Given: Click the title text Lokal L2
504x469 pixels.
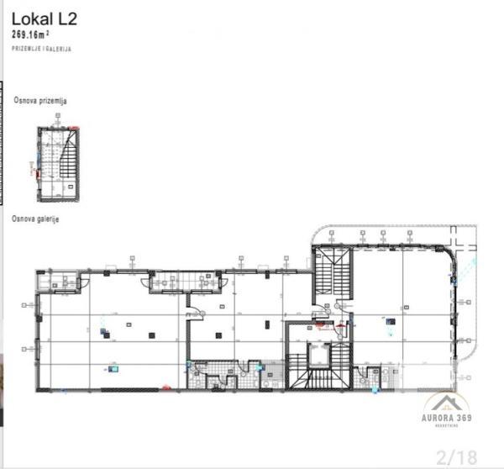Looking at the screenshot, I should click(44, 18).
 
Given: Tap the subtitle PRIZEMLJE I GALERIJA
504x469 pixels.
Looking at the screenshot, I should click(41, 50).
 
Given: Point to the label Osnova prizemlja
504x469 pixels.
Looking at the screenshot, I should click(39, 100).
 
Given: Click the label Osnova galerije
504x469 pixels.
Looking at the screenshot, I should click(34, 219).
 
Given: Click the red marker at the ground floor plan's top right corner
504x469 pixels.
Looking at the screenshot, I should click(75, 129).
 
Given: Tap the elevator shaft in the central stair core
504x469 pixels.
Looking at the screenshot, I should click(319, 356).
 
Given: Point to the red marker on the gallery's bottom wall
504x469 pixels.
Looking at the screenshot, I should click(166, 387).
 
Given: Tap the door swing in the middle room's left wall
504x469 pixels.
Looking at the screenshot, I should click(195, 313).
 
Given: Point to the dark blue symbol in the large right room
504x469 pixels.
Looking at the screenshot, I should click(389, 320).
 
